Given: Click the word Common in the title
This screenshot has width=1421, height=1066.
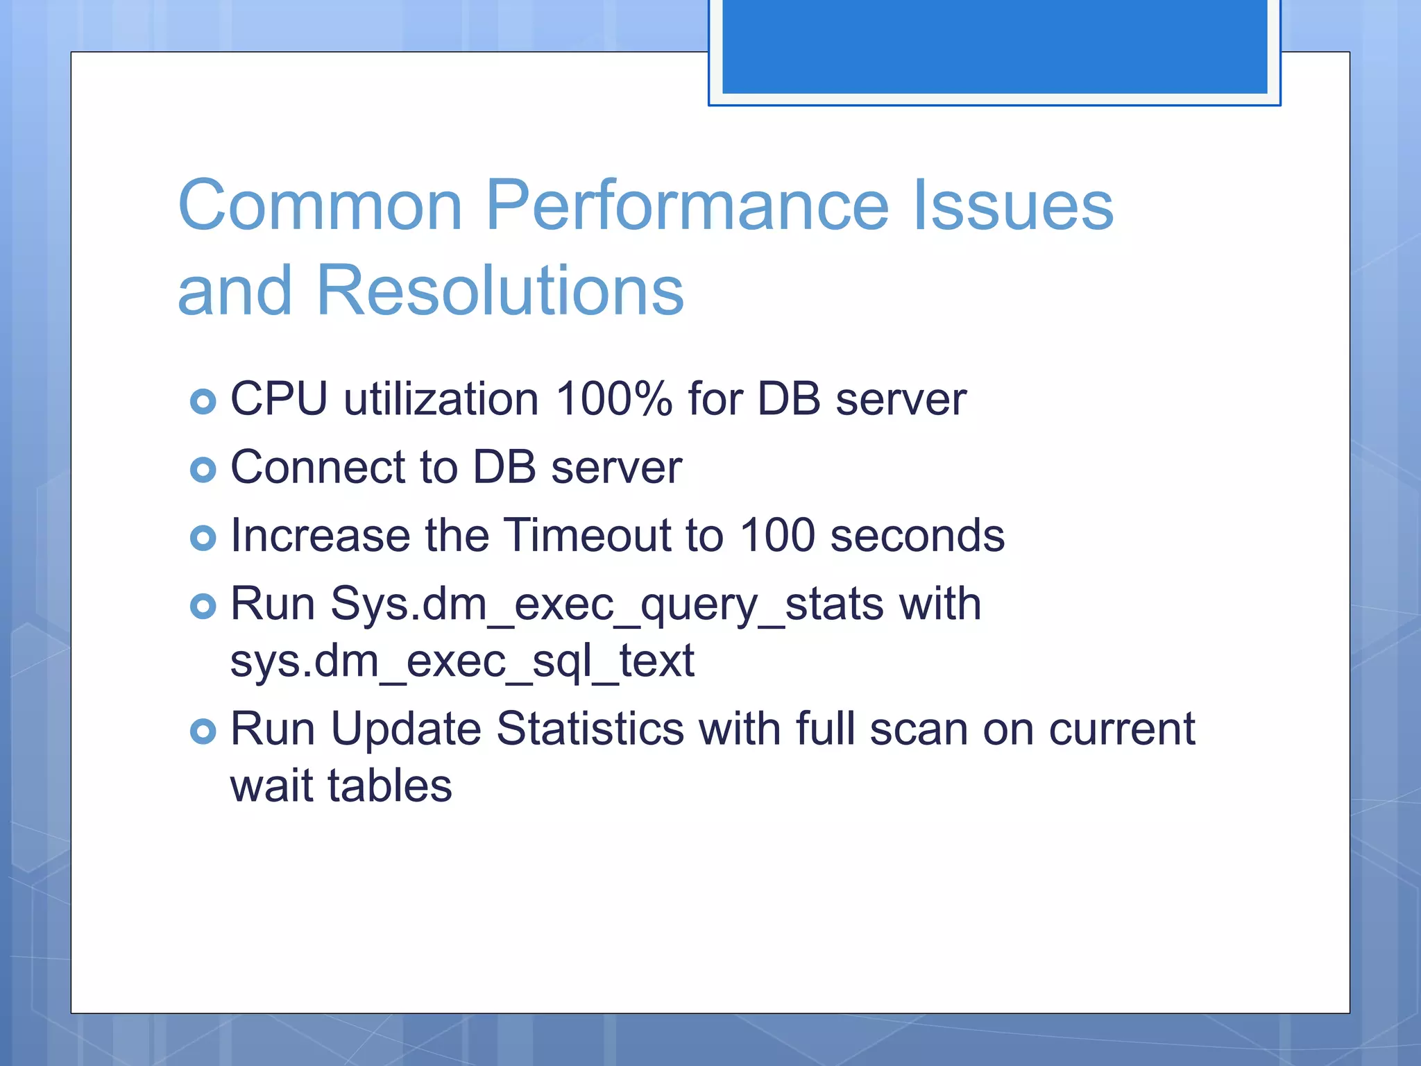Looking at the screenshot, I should (320, 205).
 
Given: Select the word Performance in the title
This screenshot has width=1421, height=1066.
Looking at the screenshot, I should (687, 205).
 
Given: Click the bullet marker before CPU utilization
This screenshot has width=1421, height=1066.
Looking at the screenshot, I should (203, 402).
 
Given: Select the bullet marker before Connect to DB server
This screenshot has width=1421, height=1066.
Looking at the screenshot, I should (203, 470).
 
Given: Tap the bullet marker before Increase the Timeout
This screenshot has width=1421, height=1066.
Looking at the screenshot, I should (203, 538).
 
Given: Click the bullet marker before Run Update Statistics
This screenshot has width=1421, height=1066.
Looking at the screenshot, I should (203, 731).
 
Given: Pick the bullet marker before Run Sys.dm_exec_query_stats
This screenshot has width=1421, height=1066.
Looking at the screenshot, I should (203, 606).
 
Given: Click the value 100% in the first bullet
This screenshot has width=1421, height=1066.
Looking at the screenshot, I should (613, 400).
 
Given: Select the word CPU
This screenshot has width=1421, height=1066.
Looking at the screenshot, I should (279, 400).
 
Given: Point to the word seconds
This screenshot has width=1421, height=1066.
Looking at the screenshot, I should (917, 535).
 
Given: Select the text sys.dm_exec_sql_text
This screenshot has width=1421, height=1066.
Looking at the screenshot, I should (462, 661).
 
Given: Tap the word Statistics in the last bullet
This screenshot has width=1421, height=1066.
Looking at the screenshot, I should (590, 729).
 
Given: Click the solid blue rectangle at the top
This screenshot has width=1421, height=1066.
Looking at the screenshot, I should (994, 46).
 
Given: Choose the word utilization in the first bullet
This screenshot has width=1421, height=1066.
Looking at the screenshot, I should (441, 400).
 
